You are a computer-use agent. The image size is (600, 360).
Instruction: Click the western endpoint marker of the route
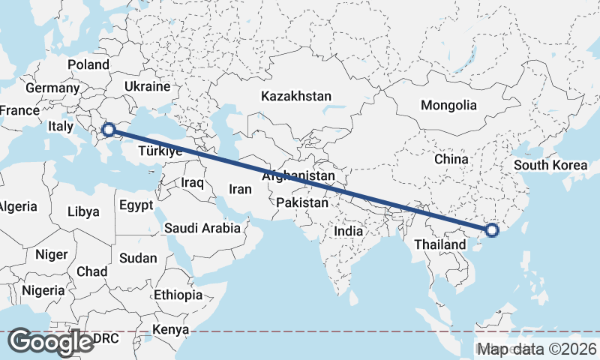click(x=109, y=130)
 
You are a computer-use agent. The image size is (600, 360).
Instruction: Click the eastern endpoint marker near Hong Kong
click(x=492, y=230)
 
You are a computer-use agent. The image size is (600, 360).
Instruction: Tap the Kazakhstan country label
click(x=296, y=96)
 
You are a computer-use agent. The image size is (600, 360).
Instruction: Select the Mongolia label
click(x=448, y=105)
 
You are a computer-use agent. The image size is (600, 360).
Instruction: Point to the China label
click(x=451, y=159)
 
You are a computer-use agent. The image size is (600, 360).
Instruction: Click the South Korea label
click(x=550, y=165)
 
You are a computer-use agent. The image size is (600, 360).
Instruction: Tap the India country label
click(x=348, y=231)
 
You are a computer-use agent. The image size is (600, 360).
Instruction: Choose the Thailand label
click(x=439, y=244)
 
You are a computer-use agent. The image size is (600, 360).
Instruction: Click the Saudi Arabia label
click(x=202, y=227)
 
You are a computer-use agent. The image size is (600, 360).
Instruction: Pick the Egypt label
click(x=136, y=205)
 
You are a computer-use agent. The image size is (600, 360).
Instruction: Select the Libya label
click(x=83, y=211)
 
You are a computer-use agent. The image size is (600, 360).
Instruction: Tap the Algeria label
click(x=16, y=206)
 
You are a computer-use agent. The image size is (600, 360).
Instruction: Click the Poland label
click(x=88, y=64)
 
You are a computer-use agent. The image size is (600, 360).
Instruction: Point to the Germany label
click(x=52, y=88)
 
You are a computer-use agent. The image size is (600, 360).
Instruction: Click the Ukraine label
click(x=147, y=86)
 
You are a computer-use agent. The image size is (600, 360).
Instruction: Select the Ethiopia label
click(x=178, y=295)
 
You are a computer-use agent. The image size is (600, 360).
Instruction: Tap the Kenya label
click(x=171, y=329)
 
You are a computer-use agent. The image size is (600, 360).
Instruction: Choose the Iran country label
click(x=240, y=189)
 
